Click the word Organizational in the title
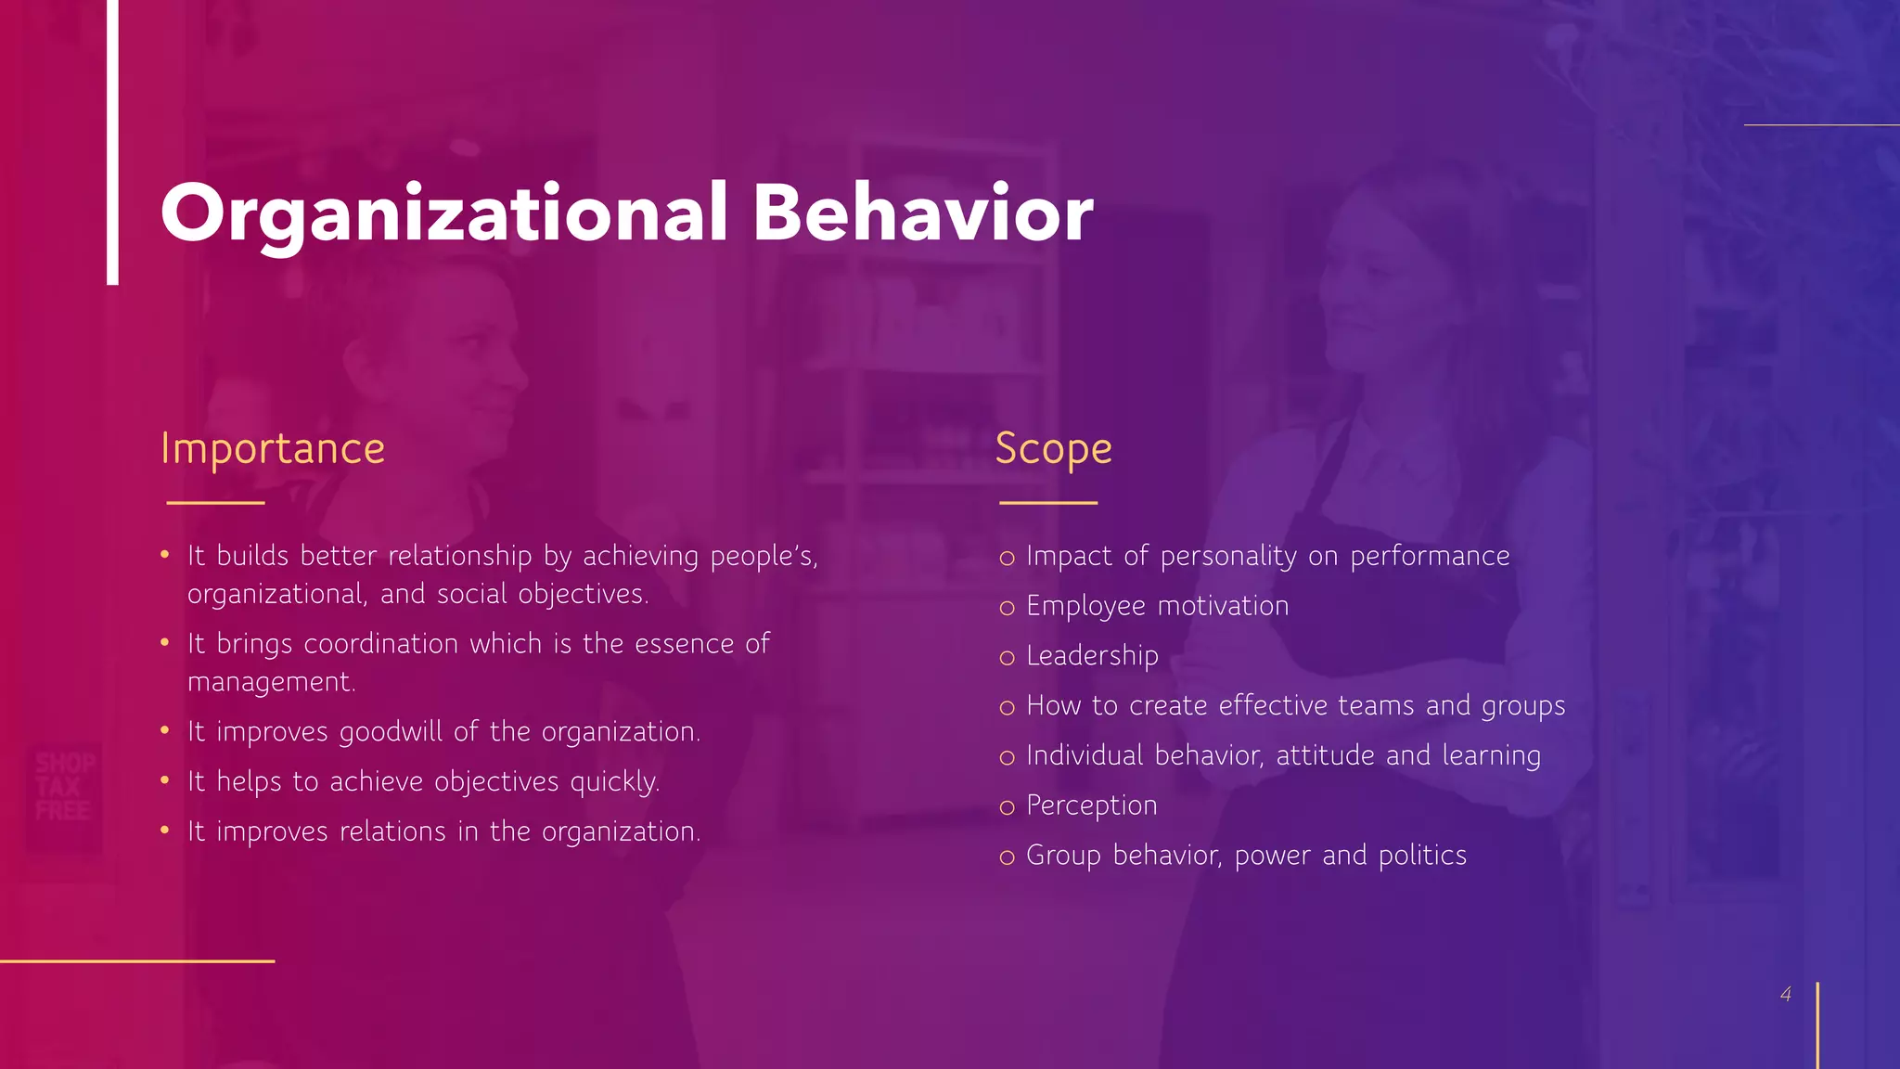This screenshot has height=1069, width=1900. coord(443,213)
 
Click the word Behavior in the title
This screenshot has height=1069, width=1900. coord(922,213)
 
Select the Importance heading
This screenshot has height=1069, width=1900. coord(272,449)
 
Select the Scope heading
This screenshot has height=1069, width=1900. coord(1053,449)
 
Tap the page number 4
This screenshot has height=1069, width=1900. coord(1786,995)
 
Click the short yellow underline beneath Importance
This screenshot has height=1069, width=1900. coord(215,503)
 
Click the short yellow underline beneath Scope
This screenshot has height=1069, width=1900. coord(1048,503)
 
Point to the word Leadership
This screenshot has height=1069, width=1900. coord(1092,656)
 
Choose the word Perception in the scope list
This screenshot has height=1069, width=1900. coord(1091,805)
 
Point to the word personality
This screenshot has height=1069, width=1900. coord(1228,557)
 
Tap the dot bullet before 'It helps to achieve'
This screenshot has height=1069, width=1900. coord(164,780)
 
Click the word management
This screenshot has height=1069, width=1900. coord(270,682)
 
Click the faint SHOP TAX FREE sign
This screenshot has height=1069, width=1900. coord(63,787)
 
